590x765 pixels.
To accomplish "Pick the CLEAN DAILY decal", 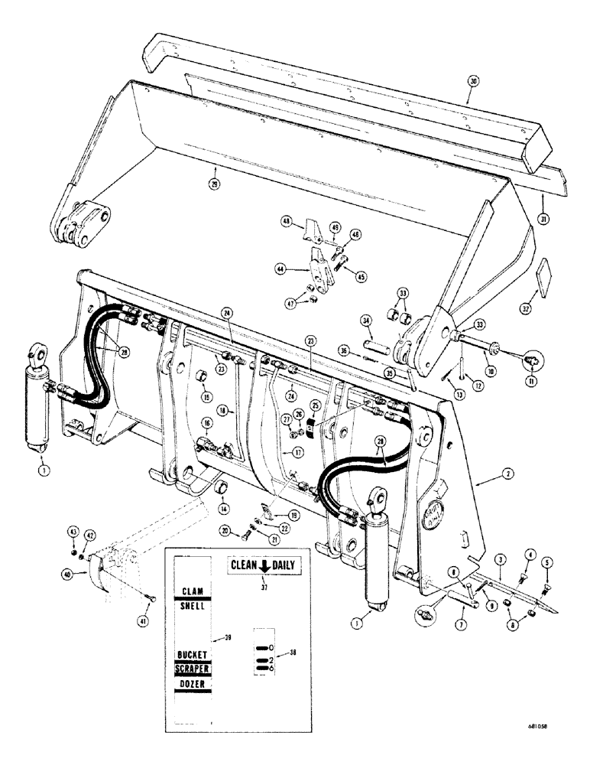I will [262, 566].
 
